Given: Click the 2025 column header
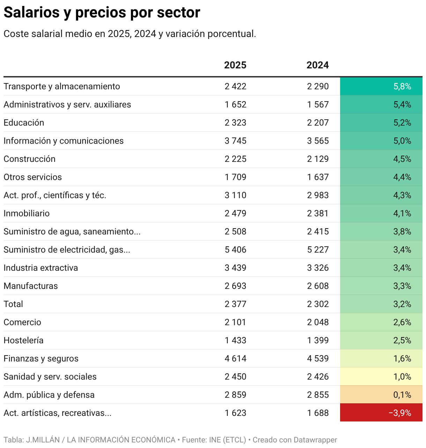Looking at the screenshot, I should coord(235,65).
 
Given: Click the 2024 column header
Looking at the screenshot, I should coord(317,65).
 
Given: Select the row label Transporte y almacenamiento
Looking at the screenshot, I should coord(62,87).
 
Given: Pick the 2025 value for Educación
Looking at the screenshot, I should coord(235,123).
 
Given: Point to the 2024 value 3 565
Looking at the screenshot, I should coord(318,141).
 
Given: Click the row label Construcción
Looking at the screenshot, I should coord(30,159).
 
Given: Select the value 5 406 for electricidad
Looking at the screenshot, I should coord(235,250).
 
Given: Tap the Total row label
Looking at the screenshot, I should coord(13,304).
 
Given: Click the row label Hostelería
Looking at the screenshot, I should coord(23,341).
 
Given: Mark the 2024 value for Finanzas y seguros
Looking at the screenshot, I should coord(318,359).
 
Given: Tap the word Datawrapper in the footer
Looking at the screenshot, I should coord(315,440).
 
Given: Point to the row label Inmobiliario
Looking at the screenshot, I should coord(27,214).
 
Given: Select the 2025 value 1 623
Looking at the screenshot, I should coord(235,413).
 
